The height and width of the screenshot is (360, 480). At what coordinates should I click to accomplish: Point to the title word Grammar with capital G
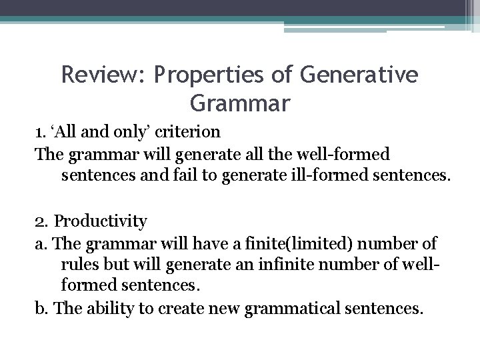point(240,104)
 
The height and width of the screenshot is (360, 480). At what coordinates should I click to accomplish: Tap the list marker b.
point(41,309)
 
